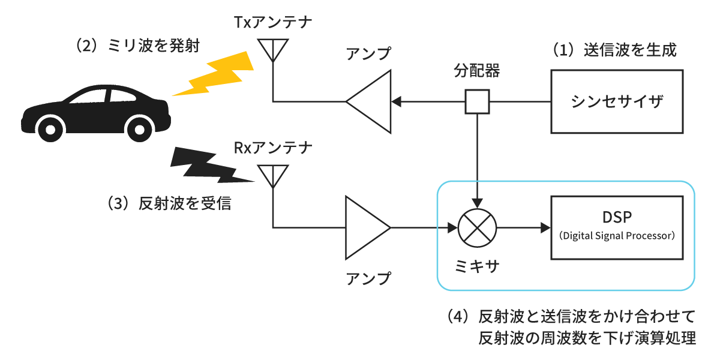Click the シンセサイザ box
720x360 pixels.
tap(617, 101)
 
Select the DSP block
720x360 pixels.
tap(617, 227)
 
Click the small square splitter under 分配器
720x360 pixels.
tap(478, 101)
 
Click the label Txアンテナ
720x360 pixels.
tap(273, 23)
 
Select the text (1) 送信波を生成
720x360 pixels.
tap(614, 50)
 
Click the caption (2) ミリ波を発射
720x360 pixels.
tap(134, 46)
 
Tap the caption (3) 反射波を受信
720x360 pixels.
tap(169, 203)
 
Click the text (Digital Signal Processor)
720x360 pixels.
tap(617, 236)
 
